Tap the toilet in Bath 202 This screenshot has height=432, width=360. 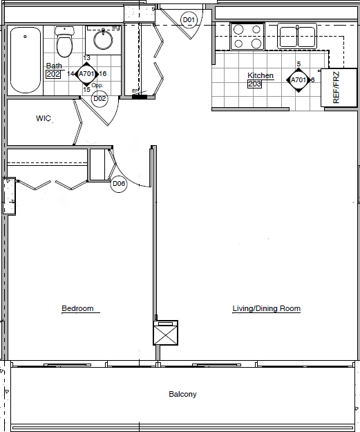(64, 43)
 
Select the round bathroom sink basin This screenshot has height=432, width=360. (104, 40)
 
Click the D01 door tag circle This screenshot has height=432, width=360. (189, 20)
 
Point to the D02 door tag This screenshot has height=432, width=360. (100, 99)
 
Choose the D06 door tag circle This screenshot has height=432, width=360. (119, 184)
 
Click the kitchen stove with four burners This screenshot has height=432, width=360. (247, 36)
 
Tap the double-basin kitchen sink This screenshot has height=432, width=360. (297, 35)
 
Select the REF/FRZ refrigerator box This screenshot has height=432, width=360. (336, 88)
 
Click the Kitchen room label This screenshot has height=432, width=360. (260, 75)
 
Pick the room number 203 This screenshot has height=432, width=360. (255, 84)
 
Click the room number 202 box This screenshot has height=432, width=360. (53, 74)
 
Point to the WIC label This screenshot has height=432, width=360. (44, 119)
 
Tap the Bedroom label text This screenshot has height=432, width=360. (77, 308)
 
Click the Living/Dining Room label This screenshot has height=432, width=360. (266, 308)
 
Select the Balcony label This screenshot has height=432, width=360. (183, 395)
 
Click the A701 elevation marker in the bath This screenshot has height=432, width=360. (86, 73)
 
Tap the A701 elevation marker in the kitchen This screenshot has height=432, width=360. (298, 79)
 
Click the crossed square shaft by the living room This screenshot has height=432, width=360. (166, 335)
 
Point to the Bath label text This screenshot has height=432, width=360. (53, 66)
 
